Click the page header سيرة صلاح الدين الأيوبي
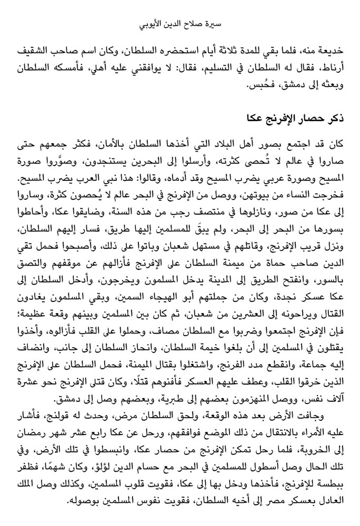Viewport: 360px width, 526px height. click(180, 25)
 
